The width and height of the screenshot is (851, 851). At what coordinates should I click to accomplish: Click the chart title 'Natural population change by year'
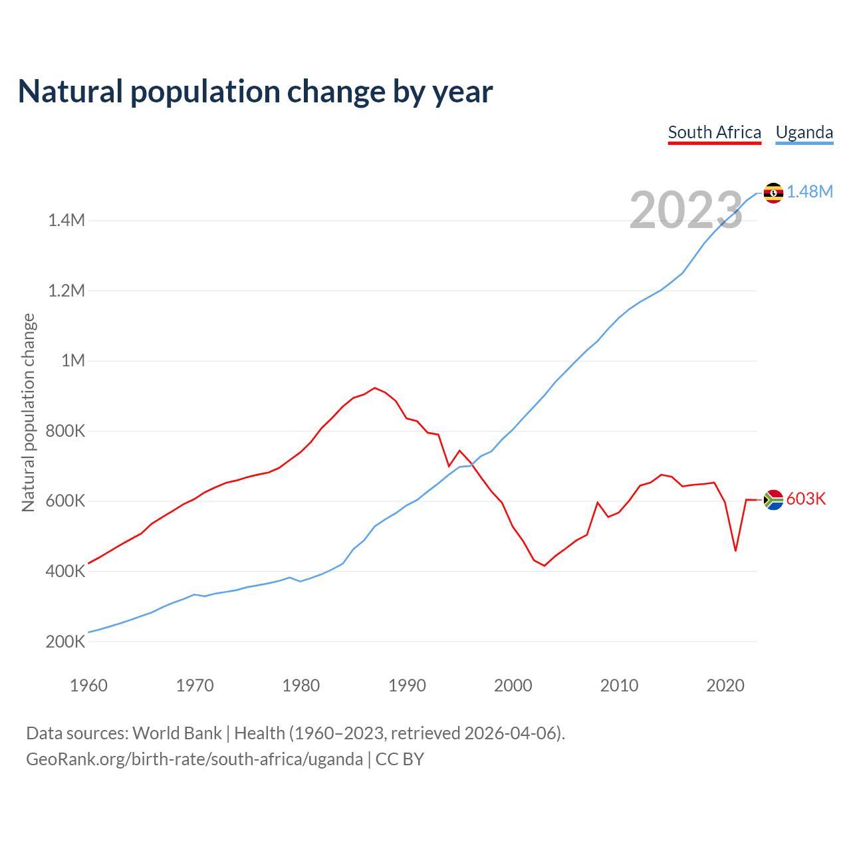click(255, 92)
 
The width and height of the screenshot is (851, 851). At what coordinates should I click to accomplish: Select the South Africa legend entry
click(714, 132)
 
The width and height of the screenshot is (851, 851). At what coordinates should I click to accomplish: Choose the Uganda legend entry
click(804, 132)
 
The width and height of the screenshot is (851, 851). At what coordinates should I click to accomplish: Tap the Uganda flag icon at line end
click(773, 193)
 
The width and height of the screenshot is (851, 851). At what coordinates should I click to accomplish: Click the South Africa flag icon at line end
click(773, 499)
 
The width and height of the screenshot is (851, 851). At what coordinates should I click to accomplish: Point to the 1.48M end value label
click(810, 192)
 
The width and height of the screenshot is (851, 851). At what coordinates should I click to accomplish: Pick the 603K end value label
click(806, 499)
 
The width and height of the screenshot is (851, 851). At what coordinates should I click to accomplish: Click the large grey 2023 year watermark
click(685, 211)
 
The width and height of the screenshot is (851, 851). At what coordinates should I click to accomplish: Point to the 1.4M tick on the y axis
click(66, 221)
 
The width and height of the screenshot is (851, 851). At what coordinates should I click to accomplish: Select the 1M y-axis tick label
click(73, 361)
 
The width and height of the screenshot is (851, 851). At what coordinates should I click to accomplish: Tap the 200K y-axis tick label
click(66, 642)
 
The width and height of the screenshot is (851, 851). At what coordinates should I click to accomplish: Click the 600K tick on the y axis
click(66, 501)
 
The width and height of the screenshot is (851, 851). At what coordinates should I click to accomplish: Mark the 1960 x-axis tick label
click(88, 685)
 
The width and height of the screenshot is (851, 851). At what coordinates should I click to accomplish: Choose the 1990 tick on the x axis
click(407, 685)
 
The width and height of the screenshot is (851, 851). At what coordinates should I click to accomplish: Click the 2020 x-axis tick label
click(725, 685)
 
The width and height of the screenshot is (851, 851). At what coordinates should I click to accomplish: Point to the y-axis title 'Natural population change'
click(29, 413)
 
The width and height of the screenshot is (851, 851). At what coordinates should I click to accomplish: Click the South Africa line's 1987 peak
click(375, 388)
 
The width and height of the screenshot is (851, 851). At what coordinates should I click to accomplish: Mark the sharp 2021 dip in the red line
click(735, 550)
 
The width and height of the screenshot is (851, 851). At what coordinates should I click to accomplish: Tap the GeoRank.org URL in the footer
click(194, 759)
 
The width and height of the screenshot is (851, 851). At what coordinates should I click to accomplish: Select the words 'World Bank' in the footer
click(177, 733)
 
